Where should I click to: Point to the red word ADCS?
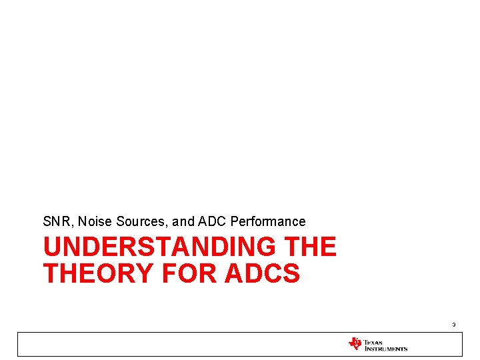coord(262,273)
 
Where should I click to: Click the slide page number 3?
coord(453,325)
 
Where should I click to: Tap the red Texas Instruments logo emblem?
coord(355,344)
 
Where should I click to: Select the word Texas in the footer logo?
coord(373,342)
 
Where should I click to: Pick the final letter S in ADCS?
coord(291,273)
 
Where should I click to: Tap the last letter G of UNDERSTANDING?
coord(265,247)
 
